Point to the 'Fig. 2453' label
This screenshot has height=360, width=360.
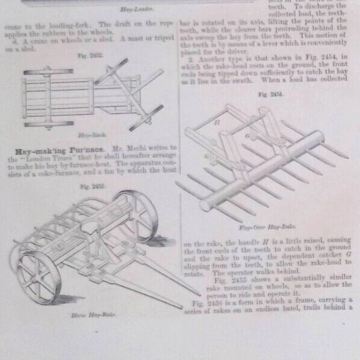tap(92, 186)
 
